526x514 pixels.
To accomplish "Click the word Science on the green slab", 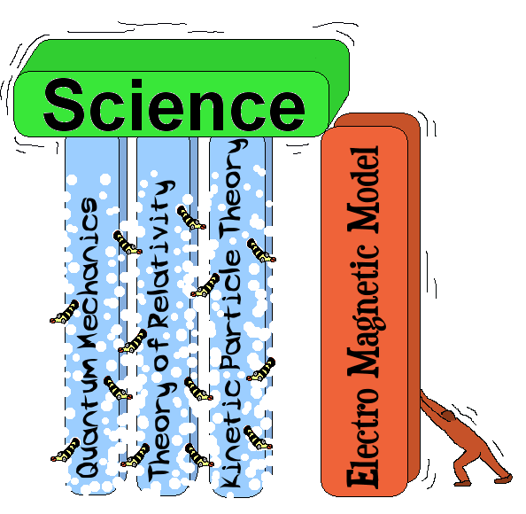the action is click(174, 105).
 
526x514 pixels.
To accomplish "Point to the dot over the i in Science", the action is click(137, 85).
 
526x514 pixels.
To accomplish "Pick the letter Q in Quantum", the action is click(87, 463).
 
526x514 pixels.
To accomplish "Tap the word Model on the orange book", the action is click(363, 189).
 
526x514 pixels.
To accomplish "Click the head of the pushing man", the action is click(448, 416).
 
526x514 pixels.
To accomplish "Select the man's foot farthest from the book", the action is click(504, 478).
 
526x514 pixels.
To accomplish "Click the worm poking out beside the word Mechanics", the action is click(65, 313).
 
